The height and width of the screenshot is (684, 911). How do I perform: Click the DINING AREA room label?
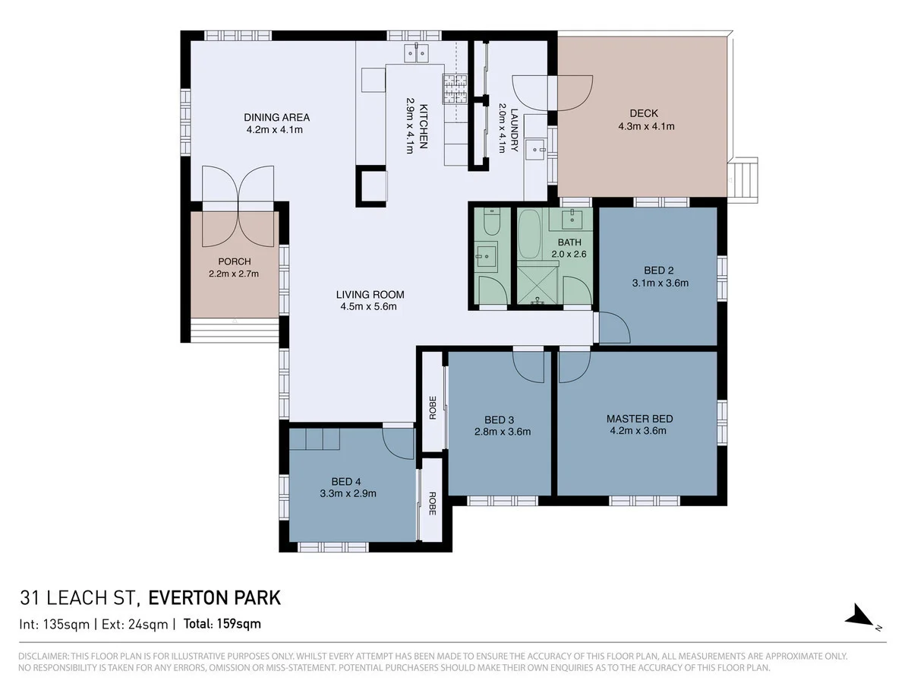coord(276,118)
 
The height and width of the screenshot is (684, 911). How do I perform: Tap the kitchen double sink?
coord(416,52)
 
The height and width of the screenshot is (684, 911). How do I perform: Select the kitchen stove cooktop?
coord(455,88)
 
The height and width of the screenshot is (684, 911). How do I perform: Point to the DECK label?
coord(644,113)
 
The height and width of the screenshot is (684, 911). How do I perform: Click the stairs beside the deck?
coord(743,180)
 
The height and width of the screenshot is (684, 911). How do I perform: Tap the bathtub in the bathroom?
coord(529,234)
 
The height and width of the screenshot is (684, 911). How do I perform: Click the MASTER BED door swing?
coord(575,367)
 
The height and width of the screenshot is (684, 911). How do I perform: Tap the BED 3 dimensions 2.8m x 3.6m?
coord(503,432)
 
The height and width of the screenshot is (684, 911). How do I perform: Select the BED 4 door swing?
coord(398,444)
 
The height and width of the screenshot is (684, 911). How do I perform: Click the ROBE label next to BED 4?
coord(432,504)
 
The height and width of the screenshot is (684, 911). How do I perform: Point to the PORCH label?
coord(235,261)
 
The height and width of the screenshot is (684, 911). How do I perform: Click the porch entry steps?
coord(235,331)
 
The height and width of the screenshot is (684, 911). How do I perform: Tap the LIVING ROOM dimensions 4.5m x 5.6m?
coord(368,307)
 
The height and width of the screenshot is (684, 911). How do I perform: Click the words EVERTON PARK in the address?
coord(215,598)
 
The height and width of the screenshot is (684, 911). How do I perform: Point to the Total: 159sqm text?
coord(222,624)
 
